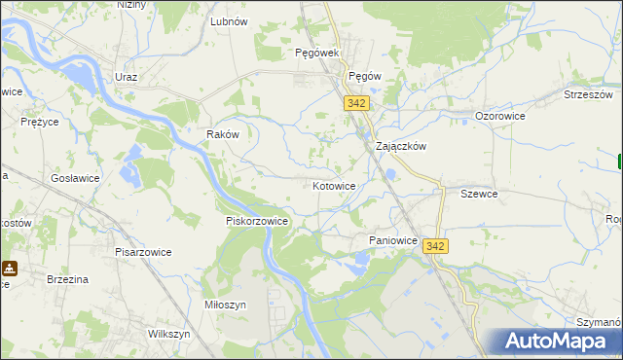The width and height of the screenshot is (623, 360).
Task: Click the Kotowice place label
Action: click(x=334, y=185)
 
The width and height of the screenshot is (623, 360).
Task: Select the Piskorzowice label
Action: click(x=257, y=221)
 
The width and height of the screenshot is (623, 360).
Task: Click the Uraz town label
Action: click(x=126, y=77)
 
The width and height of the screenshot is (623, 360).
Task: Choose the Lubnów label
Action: click(x=229, y=20)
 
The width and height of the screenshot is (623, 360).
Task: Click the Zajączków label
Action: click(x=402, y=146)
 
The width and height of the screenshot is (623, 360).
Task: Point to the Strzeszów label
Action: click(x=588, y=94)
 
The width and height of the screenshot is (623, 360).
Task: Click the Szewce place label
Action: click(x=479, y=194)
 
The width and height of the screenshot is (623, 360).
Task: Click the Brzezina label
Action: click(x=68, y=279)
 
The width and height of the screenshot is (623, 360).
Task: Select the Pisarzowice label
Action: click(x=142, y=252)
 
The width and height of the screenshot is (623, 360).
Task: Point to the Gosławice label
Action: click(x=76, y=181)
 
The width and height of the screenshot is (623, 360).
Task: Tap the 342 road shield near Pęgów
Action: click(x=355, y=102)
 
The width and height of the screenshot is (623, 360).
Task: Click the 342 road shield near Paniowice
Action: click(x=435, y=247)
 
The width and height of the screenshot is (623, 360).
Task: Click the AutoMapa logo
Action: click(x=560, y=342)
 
